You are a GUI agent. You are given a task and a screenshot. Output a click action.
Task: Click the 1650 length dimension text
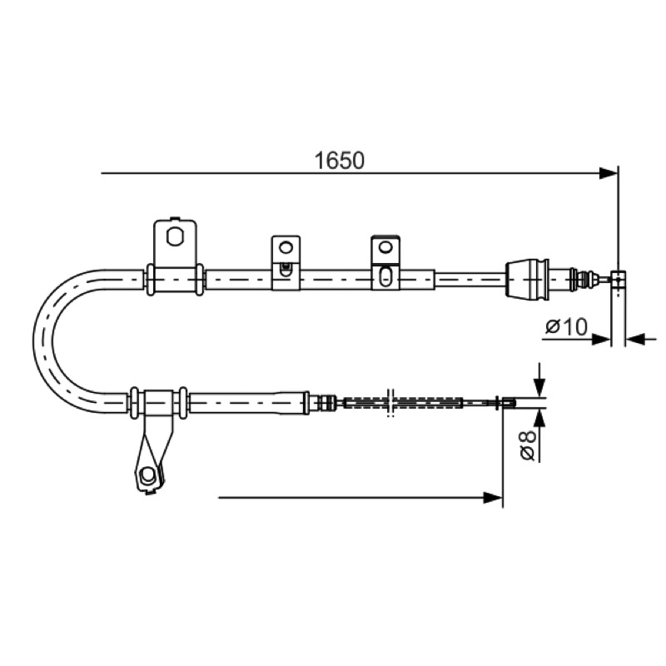(339, 161)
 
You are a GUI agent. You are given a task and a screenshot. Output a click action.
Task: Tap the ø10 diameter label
(566, 327)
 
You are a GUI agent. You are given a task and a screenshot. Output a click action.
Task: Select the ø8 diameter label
(527, 445)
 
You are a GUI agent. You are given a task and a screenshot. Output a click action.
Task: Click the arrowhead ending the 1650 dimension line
(609, 173)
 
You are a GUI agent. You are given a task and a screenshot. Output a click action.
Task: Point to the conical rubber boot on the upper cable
(527, 279)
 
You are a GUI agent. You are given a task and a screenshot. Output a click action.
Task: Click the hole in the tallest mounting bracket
(175, 236)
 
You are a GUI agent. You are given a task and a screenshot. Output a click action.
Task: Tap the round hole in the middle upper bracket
(286, 246)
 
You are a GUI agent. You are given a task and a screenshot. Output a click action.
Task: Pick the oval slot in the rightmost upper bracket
(385, 276)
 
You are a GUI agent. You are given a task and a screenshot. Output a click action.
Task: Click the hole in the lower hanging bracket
(147, 475)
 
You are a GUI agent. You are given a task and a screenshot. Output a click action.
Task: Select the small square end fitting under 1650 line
(618, 279)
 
